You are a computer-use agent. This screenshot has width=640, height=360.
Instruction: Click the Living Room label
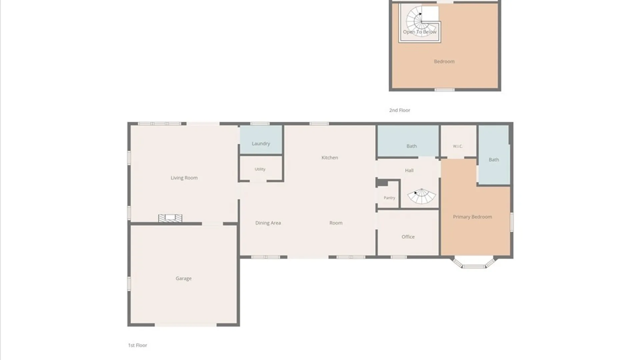tap(184, 178)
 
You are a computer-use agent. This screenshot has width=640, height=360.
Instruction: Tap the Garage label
tap(184, 278)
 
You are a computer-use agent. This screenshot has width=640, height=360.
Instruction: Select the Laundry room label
tap(261, 144)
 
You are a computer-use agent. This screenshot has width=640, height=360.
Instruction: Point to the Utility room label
tap(260, 169)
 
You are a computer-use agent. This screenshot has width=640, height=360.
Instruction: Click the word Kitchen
tap(330, 158)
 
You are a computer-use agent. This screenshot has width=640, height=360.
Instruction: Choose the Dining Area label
tap(268, 223)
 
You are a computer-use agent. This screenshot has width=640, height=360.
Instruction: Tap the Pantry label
tap(389, 198)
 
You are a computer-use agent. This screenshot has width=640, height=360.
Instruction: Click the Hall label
tap(409, 170)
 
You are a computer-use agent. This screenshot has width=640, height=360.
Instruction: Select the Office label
tap(408, 237)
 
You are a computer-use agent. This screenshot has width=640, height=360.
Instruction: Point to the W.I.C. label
tap(458, 146)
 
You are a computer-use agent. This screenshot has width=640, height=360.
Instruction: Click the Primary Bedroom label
tap(472, 217)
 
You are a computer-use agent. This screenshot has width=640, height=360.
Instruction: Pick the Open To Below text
tap(420, 32)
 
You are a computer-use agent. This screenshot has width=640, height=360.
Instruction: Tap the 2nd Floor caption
tap(400, 110)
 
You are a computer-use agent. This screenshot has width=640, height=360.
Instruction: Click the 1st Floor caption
tap(138, 345)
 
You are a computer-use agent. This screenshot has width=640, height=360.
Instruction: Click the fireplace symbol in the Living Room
tap(170, 218)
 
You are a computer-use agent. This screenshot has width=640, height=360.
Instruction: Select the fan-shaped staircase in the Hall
tap(422, 196)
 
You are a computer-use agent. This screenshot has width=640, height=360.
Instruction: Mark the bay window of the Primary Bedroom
tap(474, 262)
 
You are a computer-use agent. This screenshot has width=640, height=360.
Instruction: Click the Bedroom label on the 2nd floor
tap(444, 61)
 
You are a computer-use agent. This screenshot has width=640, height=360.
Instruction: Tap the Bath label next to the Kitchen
tap(412, 146)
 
